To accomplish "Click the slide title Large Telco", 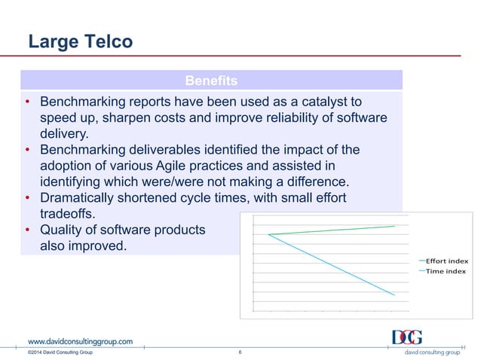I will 80,41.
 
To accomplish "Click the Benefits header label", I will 211,80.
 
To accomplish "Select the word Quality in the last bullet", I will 63,230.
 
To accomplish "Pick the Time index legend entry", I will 446,271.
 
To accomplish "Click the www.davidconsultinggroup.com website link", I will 80,340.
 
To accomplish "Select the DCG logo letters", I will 406,337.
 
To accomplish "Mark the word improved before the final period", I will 93,246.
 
